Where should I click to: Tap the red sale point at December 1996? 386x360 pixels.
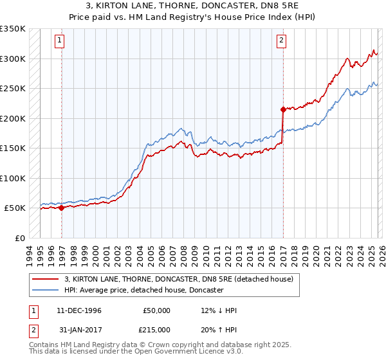tap(61, 208)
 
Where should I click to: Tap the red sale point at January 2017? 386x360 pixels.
tap(283, 109)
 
